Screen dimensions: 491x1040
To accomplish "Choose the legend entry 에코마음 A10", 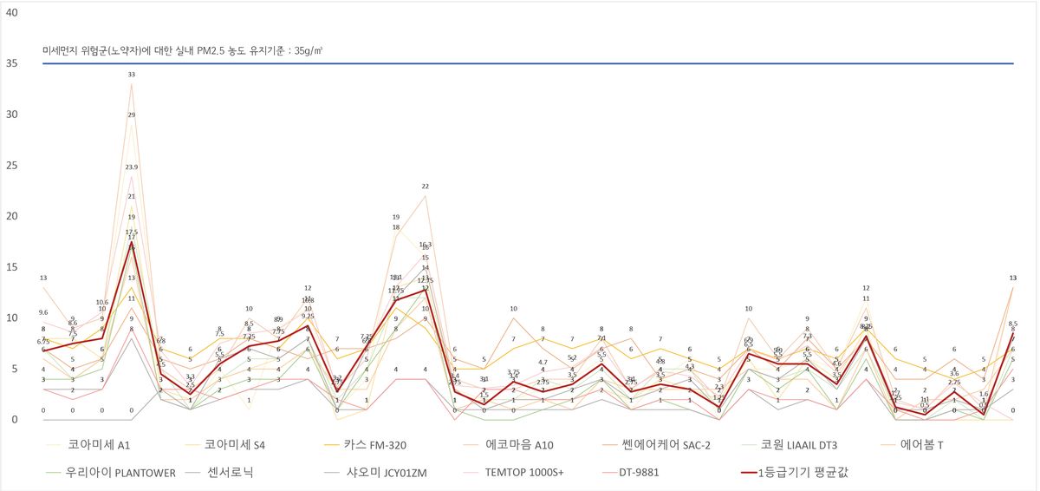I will [518, 445].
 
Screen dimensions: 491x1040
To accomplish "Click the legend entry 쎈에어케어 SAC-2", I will [673, 445].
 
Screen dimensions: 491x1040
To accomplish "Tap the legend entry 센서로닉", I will [232, 473].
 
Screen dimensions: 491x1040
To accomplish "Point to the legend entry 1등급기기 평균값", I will [807, 473].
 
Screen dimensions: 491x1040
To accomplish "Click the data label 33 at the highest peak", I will [132, 75].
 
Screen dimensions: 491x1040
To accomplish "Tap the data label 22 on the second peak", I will [426, 187].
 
